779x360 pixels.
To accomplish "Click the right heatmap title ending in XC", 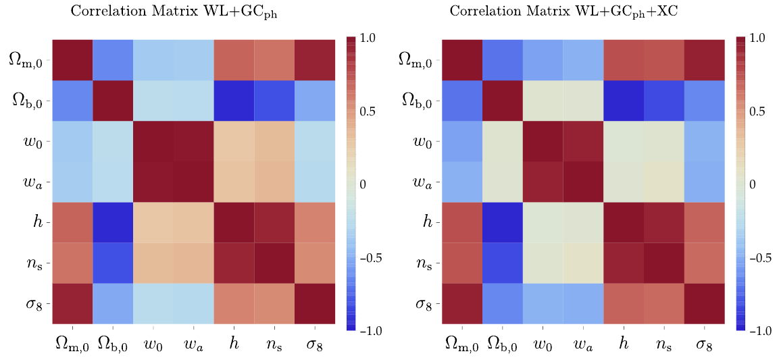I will pos(583,12).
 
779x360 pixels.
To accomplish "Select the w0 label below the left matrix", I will pos(153,344).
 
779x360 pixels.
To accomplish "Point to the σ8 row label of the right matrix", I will pos(426,304).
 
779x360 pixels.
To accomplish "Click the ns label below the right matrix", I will pos(664,344).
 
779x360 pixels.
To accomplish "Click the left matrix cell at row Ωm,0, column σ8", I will pos(316,61).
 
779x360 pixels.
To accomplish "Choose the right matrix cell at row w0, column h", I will pos(624,142).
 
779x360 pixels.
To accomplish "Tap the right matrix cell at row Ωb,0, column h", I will pos(624,101).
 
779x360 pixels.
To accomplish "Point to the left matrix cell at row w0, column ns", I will pos(275,142).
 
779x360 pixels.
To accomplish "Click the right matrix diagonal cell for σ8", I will pos(705,304).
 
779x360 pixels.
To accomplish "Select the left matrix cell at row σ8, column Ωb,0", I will pos(113,304).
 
